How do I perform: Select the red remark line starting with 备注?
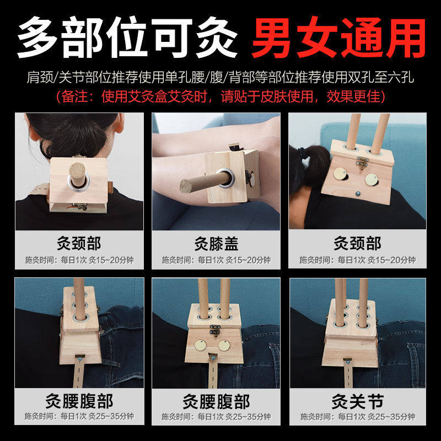[x=220, y=97]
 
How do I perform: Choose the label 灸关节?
[x=357, y=401]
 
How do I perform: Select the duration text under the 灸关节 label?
[x=357, y=417]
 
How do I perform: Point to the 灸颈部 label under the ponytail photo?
[x=357, y=243]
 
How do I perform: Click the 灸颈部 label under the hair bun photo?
[x=79, y=243]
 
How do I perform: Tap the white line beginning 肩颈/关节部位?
[x=220, y=78]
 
